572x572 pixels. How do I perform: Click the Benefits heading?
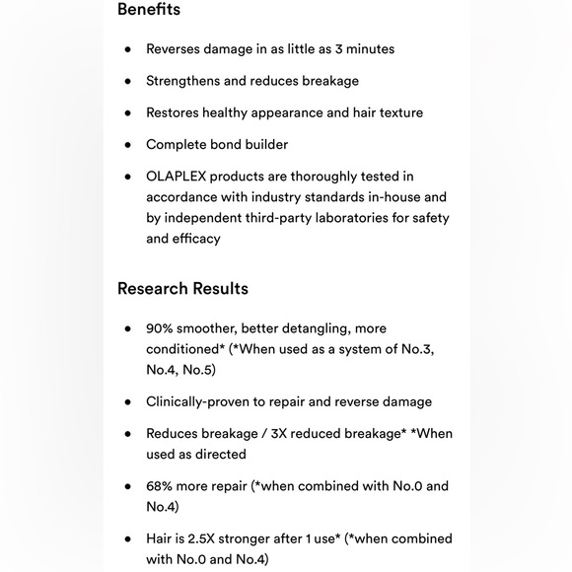[x=149, y=10]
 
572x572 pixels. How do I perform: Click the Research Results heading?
[x=182, y=289]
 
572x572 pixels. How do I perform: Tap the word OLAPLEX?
[x=181, y=176]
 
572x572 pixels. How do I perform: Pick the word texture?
[x=396, y=112]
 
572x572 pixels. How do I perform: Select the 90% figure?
[x=160, y=328]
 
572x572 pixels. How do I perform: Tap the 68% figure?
[x=160, y=485]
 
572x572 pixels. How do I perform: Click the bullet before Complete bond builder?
[x=127, y=145]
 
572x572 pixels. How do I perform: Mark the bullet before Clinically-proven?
[x=127, y=402]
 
